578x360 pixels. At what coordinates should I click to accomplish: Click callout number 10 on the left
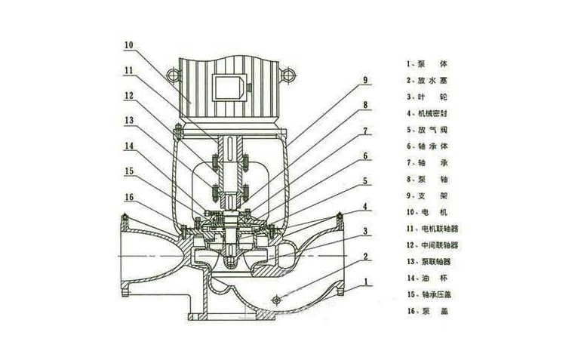[x=128, y=45]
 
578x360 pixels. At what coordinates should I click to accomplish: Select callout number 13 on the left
[x=128, y=120]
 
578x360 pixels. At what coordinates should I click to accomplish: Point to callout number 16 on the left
[x=128, y=195]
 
